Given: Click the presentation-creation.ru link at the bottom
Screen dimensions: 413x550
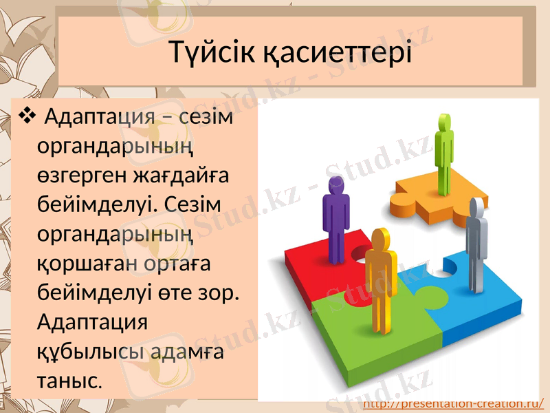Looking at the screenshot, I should pos(453,403).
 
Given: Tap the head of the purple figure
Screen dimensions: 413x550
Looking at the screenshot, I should pos(335,186).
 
